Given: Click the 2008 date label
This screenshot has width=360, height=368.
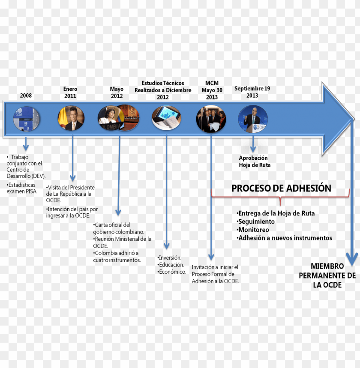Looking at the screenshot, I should click(26, 96).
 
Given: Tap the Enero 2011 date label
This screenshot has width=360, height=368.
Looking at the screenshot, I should click(70, 93).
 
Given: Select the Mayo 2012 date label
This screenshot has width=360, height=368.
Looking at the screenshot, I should click(117, 93).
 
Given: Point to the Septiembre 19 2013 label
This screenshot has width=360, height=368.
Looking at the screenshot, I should click(252, 92).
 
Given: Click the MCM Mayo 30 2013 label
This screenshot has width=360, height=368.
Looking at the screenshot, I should click(212, 90).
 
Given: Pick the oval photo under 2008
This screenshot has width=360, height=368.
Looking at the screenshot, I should click(27, 119).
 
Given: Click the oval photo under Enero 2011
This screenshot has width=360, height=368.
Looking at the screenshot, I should click(71, 119).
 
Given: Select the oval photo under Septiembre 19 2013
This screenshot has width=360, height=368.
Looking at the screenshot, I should click(253, 119).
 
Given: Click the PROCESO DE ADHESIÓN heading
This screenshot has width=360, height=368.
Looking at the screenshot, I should click(281, 188).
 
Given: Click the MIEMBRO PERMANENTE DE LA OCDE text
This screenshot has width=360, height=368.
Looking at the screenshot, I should click(327, 275).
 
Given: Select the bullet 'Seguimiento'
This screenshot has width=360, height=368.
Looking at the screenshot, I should click(256, 221).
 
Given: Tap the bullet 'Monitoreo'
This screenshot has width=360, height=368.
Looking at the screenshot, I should click(253, 230).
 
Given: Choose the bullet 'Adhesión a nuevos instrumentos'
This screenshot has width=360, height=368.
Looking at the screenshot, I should click(285, 238).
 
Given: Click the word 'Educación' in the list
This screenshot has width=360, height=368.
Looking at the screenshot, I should click(171, 265).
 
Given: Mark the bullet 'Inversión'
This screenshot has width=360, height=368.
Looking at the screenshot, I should click(170, 257).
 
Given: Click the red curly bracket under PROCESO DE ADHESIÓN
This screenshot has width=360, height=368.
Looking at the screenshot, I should click(280, 199).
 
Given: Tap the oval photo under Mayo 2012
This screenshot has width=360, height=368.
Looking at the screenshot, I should click(117, 119).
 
